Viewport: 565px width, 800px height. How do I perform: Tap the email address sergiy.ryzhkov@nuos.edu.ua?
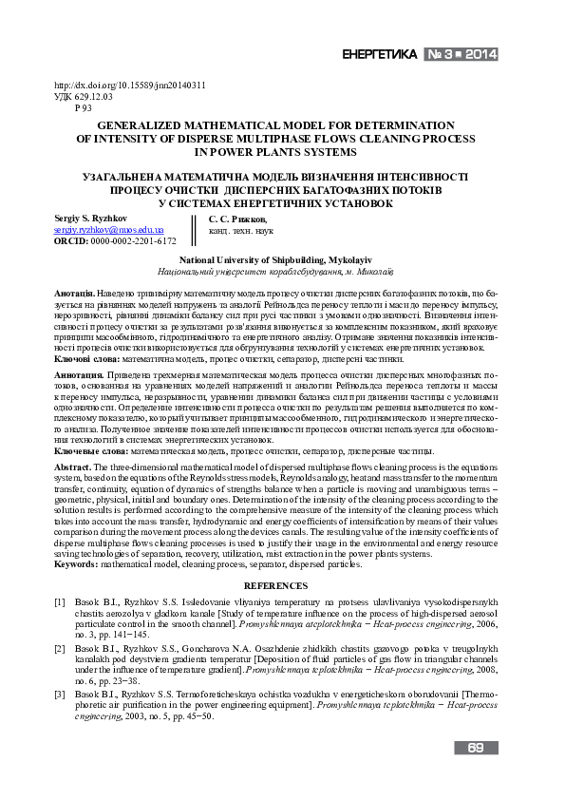(109, 230)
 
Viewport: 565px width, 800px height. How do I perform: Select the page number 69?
(477, 749)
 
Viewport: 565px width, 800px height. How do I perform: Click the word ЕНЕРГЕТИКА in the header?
(379, 54)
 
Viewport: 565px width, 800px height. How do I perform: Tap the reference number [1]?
(60, 602)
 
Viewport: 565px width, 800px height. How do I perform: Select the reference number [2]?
(60, 645)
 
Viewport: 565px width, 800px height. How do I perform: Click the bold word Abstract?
(72, 468)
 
